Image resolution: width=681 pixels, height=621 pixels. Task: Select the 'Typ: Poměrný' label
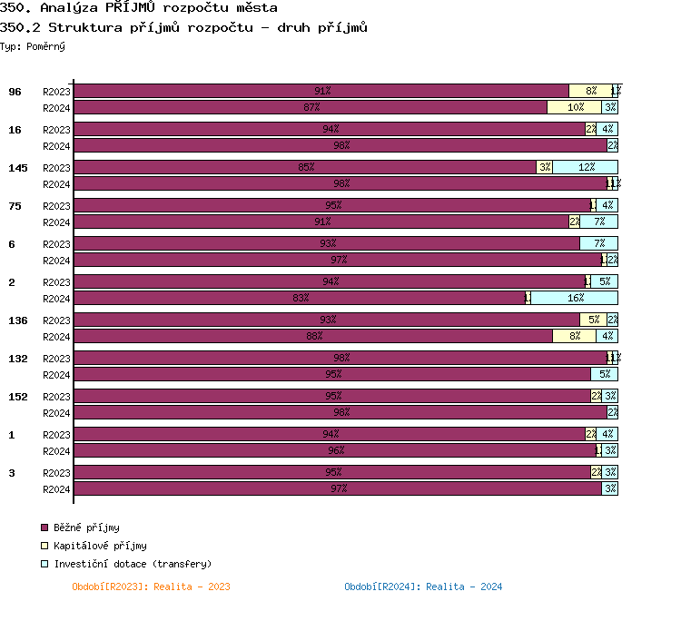pos(33,45)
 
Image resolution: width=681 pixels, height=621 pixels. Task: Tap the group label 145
pos(17,168)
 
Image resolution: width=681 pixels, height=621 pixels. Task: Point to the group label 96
pos(15,92)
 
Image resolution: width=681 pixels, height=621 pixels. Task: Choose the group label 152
pos(17,397)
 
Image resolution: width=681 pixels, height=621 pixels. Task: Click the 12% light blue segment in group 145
pos(585,167)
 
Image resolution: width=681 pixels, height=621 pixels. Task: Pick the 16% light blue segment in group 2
pos(574,298)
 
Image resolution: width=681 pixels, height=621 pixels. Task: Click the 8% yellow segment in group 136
pos(574,336)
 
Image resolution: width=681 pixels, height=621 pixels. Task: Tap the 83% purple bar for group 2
pos(300,298)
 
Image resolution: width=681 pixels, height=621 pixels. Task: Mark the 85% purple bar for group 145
pos(305,167)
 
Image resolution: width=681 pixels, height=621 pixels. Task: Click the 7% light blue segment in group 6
pos(598,243)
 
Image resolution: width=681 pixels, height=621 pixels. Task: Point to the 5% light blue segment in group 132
pos(604,374)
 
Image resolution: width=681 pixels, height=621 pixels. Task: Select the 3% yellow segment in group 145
pos(544,167)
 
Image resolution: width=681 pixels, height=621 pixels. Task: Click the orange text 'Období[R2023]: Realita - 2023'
pos(151,586)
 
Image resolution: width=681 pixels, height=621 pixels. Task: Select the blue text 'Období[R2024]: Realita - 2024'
pos(423,586)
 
